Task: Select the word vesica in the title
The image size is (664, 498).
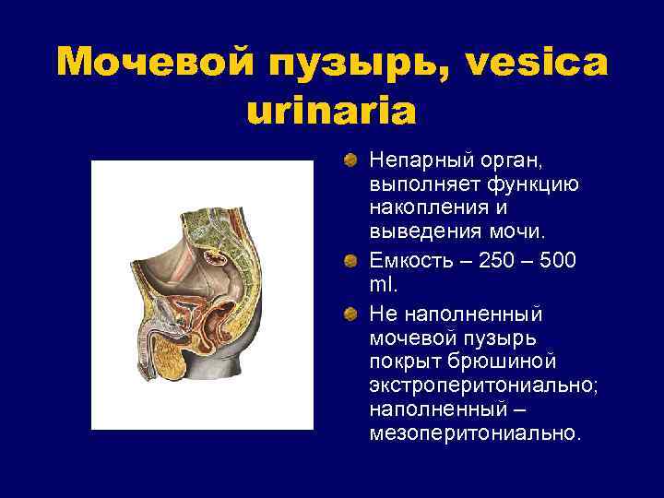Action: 539,63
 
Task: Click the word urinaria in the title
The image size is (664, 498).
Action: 332,111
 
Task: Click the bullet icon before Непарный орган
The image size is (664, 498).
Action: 350,161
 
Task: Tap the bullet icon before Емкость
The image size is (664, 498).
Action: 350,261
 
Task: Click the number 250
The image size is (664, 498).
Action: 494,261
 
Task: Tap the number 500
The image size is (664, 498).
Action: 560,261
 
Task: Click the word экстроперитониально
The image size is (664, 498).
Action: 482,385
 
